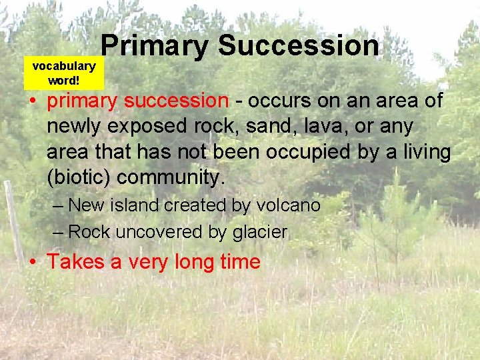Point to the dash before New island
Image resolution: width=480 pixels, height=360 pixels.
[58, 205]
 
